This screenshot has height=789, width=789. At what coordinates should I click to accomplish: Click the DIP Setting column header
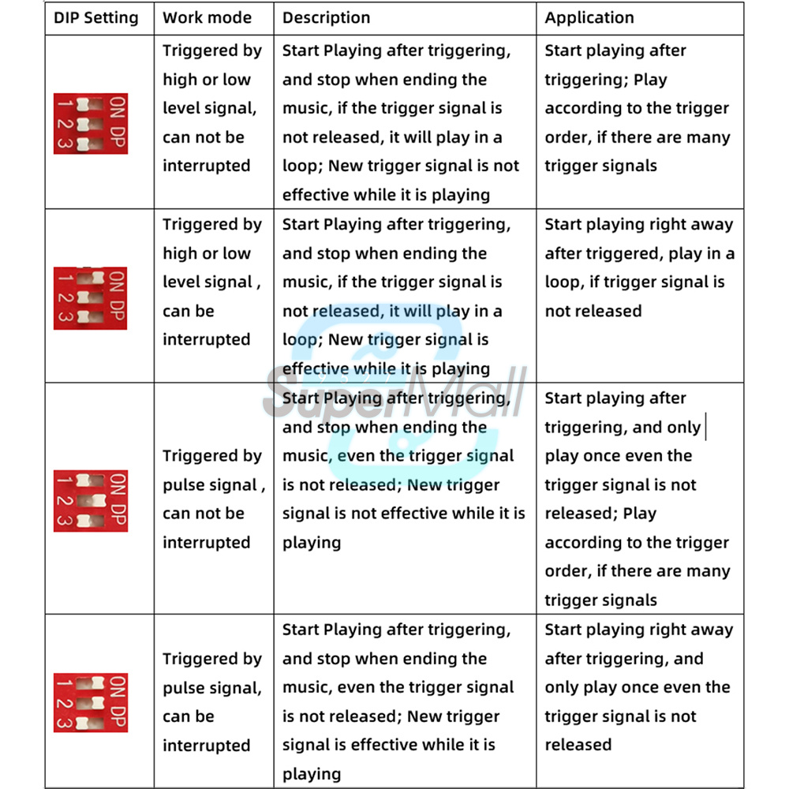coord(95,18)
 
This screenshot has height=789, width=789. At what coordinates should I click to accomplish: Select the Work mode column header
coord(207,18)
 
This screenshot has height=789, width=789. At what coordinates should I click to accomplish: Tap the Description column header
coord(326,18)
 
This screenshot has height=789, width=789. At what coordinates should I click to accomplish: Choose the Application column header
coord(589,18)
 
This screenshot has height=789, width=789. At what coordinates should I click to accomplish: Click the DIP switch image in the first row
coord(90,123)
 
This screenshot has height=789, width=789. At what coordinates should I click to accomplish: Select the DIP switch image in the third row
coord(90,500)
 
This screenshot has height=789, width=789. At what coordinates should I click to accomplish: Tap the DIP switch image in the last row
coord(90,702)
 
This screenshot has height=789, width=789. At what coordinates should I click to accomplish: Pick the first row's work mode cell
coord(211,108)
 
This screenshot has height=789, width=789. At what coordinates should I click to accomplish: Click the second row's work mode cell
coord(211,282)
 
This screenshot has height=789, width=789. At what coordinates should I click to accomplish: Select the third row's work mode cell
coord(211,499)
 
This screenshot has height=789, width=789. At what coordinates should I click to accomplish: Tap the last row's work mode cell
coord(211,701)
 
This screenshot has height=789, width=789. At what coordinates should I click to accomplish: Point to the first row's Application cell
coord(637,108)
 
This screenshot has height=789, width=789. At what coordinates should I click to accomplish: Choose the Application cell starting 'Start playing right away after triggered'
coord(639,267)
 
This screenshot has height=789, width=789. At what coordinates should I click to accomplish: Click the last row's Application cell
coord(639,687)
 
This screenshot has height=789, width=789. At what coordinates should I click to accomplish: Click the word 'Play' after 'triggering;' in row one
coord(650,80)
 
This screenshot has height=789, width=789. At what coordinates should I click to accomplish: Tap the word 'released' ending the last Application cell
coord(578,745)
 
